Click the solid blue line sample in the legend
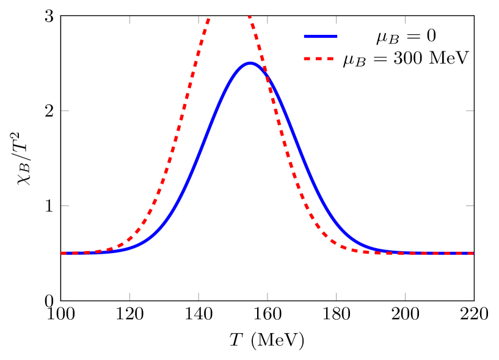click(321, 37)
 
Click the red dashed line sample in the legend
click(319, 59)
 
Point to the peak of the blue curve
click(249, 63)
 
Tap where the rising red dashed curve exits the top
click(209, 19)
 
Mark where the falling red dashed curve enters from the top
click(249, 17)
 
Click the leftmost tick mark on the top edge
click(129, 20)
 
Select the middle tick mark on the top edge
click(268, 20)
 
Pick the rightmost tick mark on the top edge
click(405, 20)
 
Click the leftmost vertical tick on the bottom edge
click(129, 296)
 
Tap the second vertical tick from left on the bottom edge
click(199, 296)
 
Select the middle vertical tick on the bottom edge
click(268, 296)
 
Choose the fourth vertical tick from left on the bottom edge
click(337, 296)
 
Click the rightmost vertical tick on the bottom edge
click(405, 296)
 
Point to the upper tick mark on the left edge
click(65, 111)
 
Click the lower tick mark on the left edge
click(65, 206)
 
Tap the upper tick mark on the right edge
click(470, 111)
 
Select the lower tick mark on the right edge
click(470, 206)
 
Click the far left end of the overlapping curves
click(62, 253)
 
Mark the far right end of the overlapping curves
click(472, 253)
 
